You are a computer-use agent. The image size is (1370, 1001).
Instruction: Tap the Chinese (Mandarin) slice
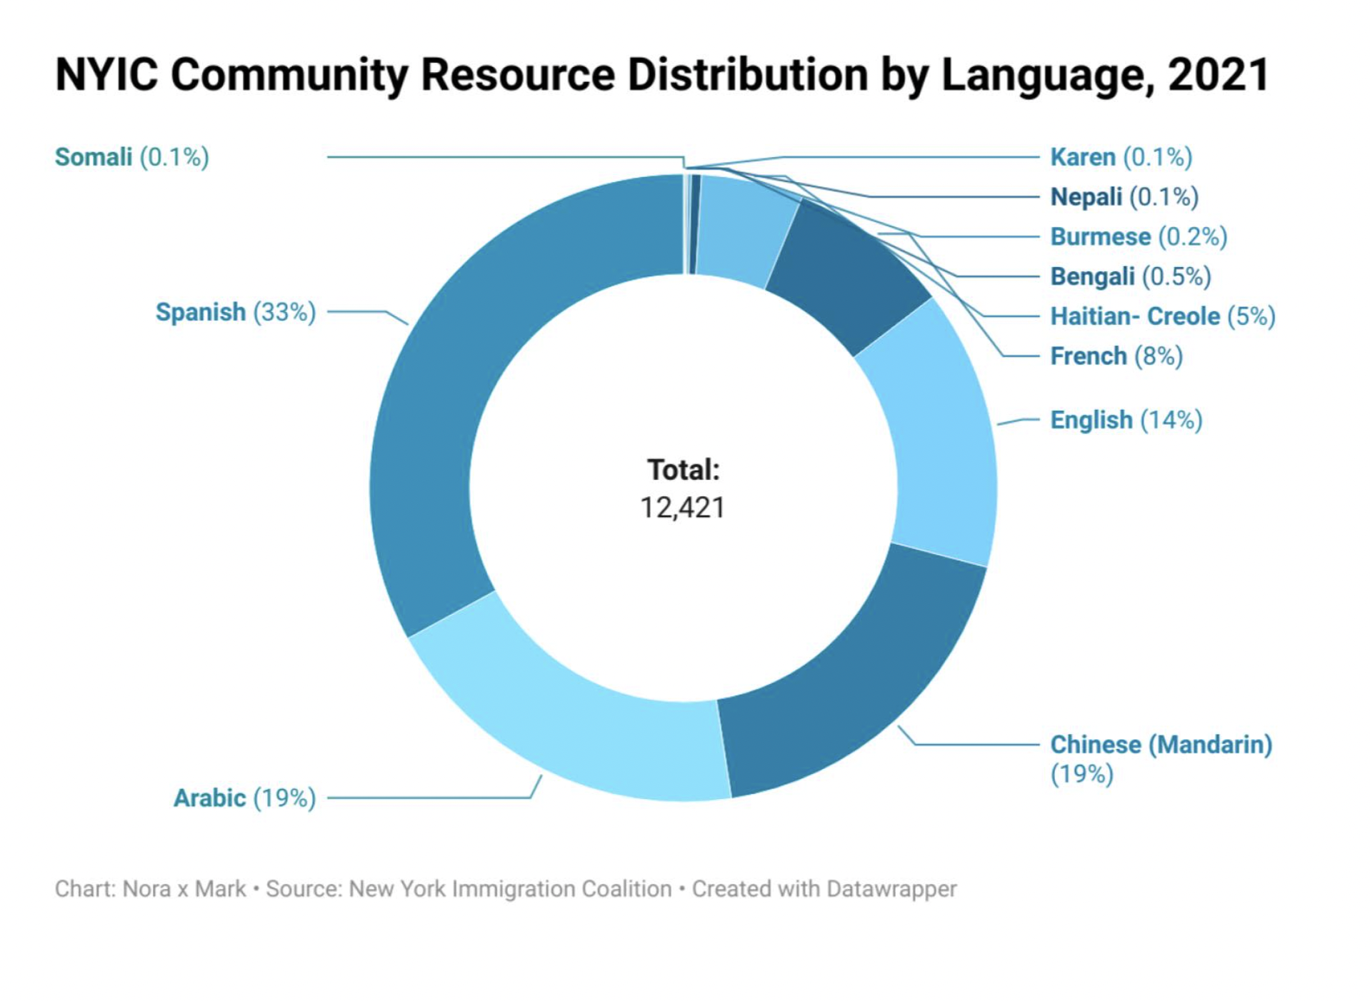click(x=850, y=671)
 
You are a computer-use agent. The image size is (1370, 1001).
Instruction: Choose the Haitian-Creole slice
click(x=746, y=228)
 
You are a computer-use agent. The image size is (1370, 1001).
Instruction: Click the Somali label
click(x=131, y=157)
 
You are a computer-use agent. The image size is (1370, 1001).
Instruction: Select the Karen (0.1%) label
click(x=1120, y=157)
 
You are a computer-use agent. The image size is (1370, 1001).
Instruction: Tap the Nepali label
click(x=1124, y=197)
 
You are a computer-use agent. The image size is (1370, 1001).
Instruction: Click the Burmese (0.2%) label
click(x=1138, y=237)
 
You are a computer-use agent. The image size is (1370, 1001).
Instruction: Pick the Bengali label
click(x=1130, y=277)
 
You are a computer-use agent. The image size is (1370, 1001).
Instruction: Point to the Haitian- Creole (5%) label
click(x=1162, y=316)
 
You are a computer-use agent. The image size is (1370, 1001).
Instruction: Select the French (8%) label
click(x=1116, y=356)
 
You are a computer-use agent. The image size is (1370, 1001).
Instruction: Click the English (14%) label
click(x=1126, y=420)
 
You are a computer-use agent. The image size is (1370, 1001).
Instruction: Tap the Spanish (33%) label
click(x=235, y=312)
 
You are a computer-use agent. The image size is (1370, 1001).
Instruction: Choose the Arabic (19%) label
click(x=244, y=798)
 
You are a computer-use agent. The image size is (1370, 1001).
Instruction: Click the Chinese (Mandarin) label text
click(x=1161, y=745)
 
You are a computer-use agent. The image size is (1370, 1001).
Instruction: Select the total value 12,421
click(x=682, y=508)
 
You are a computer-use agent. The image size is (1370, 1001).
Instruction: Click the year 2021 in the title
click(x=1218, y=74)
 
